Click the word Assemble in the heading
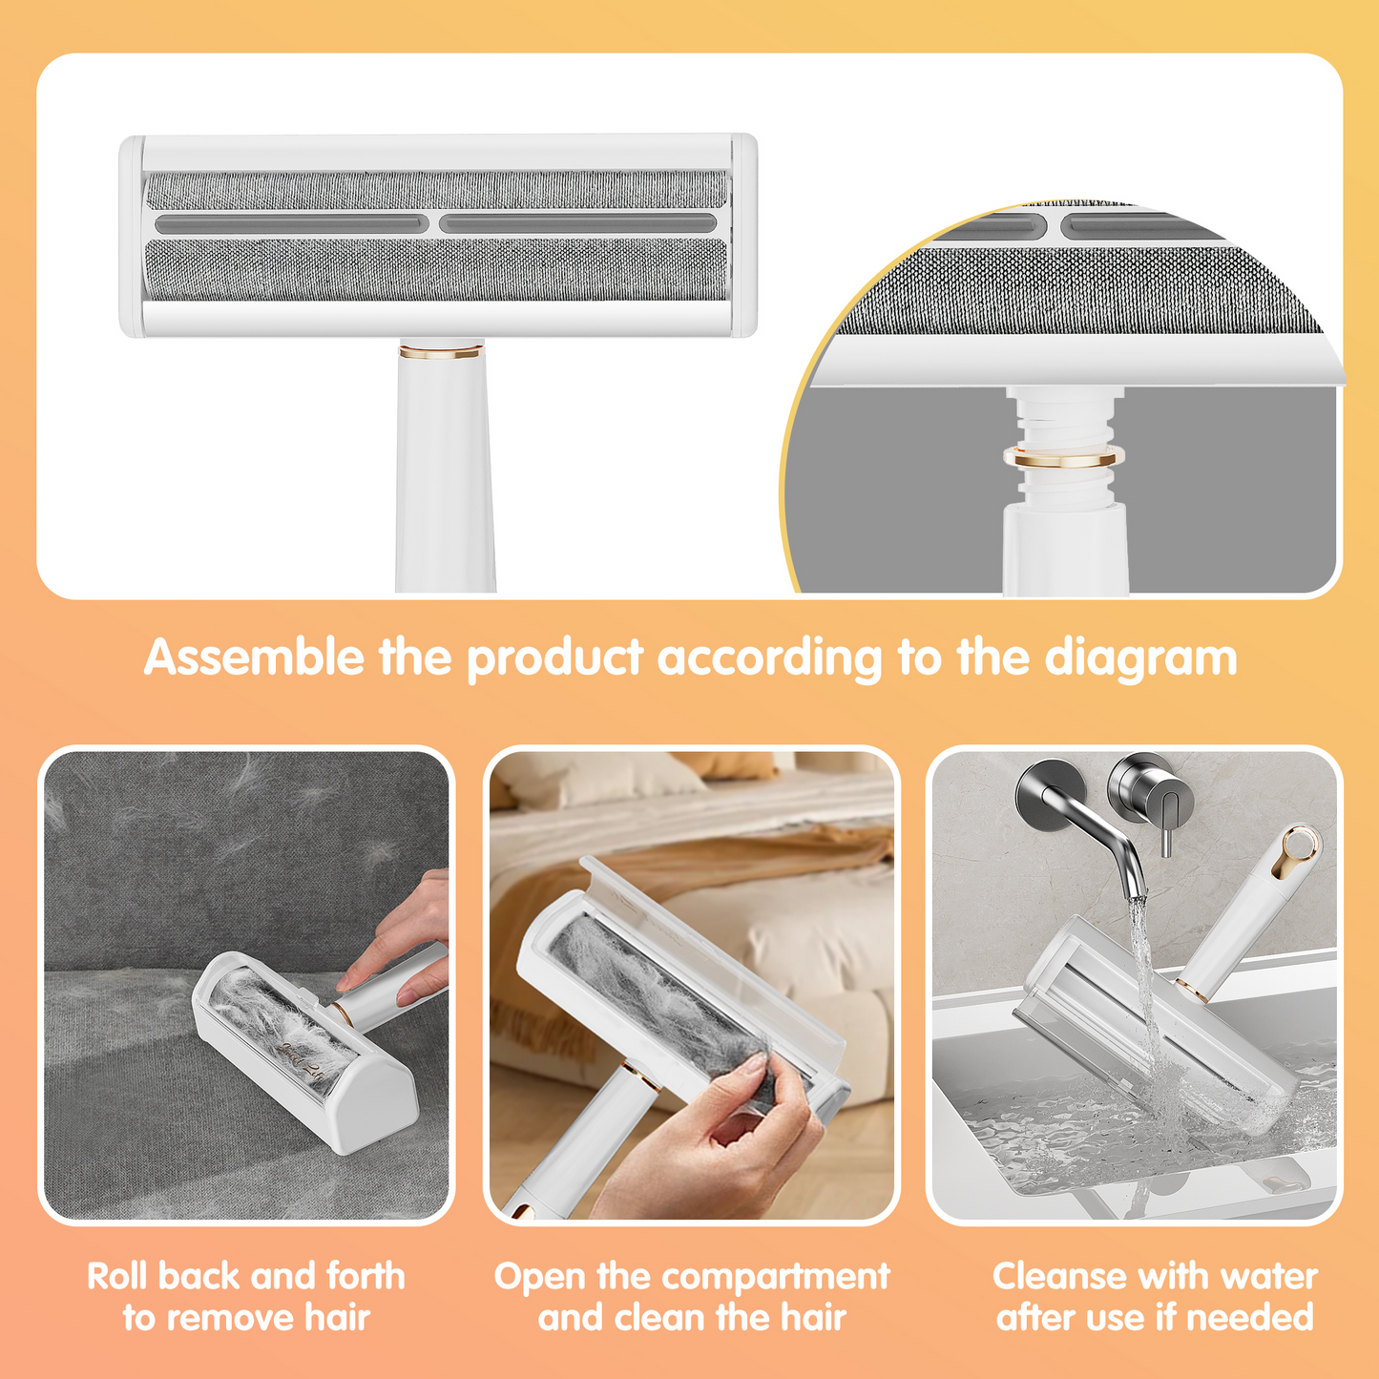click(253, 657)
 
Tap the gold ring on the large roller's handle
click(441, 351)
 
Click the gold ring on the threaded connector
click(1063, 456)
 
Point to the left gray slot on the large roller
click(291, 224)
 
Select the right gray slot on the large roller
click(577, 224)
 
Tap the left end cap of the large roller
click(132, 236)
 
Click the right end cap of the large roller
click(743, 236)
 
